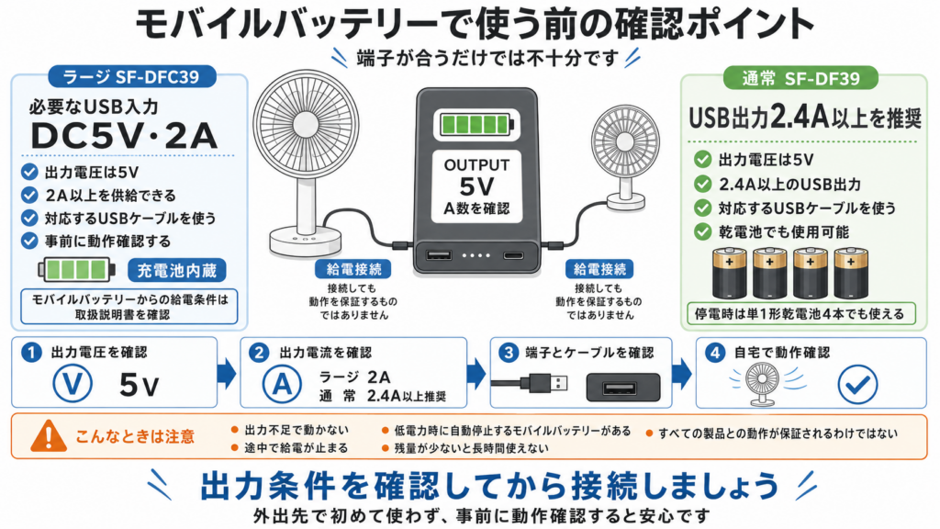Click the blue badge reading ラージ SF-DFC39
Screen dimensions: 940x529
[131, 77]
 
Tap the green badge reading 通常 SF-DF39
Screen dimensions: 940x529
[800, 78]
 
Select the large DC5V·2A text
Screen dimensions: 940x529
[124, 136]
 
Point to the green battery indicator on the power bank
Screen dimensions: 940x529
[476, 124]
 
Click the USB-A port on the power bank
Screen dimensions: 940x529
[439, 255]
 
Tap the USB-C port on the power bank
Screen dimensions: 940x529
[512, 256]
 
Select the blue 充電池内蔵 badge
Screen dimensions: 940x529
[177, 271]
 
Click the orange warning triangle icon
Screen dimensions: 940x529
[49, 436]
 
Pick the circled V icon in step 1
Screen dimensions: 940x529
[73, 383]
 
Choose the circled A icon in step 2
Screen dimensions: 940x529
[282, 384]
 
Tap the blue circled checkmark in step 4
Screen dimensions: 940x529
[858, 384]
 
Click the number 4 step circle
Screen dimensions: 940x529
[714, 353]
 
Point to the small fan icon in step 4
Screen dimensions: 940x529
[762, 385]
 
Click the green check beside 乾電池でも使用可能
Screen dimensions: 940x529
[702, 231]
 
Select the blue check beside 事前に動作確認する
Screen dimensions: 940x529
[29, 241]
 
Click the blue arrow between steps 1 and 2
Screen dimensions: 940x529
[227, 373]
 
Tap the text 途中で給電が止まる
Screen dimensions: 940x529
[297, 448]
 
